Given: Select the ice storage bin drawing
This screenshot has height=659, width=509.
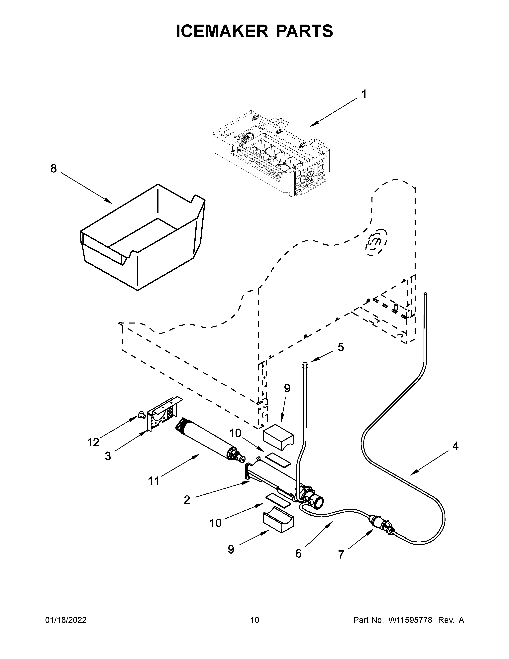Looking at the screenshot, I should pos(142,238).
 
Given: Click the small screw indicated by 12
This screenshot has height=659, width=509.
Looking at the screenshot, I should pos(140,416).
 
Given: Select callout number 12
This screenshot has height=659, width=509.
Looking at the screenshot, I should pos(93,443).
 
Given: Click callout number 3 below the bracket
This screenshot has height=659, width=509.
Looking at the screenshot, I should pos(108,456).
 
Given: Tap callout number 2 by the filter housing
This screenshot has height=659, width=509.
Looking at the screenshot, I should pos(187,500).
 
